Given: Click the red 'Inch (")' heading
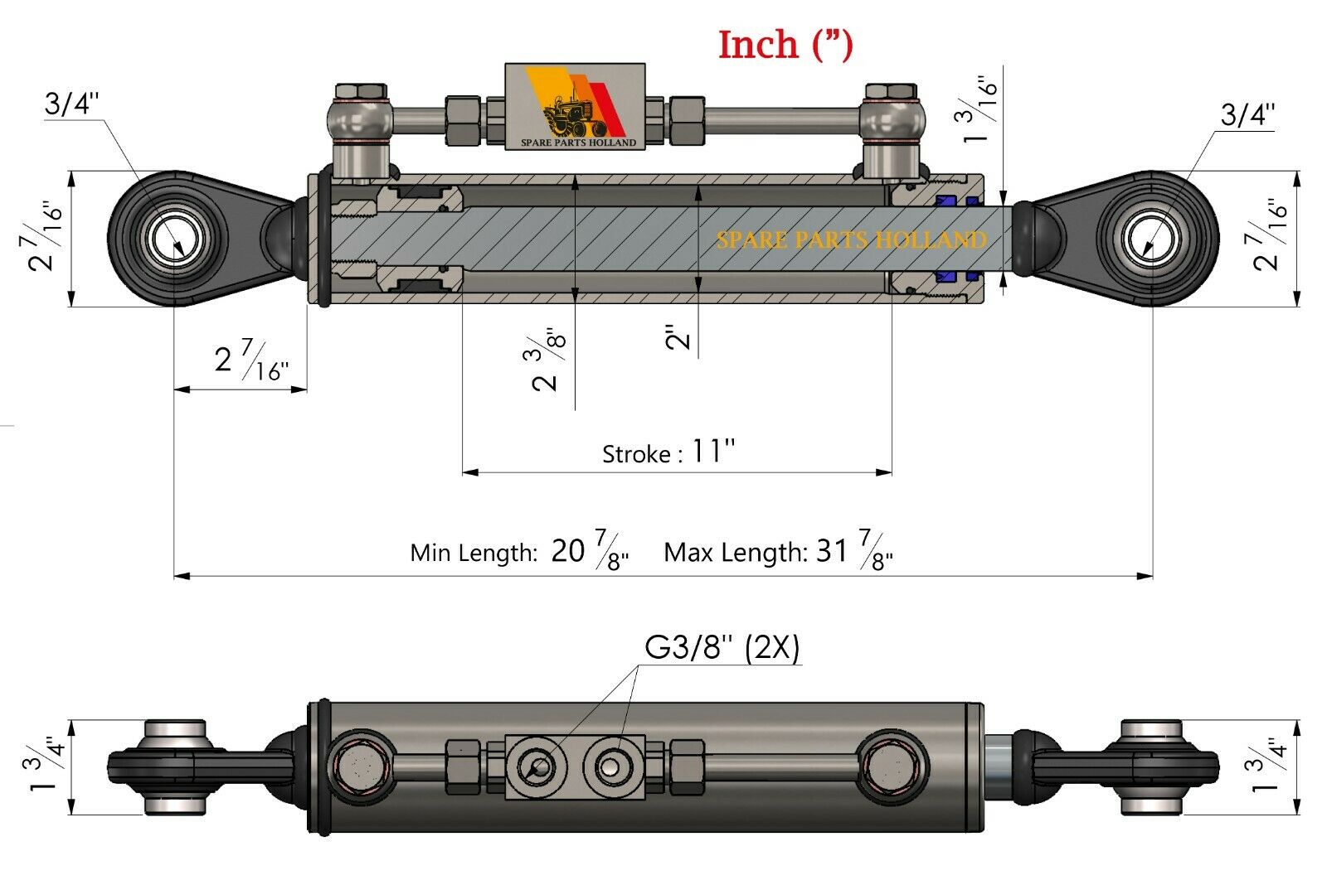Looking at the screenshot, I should (x=785, y=45).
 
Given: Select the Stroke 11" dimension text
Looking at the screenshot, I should (x=668, y=452).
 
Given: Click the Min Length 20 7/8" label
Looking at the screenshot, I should (x=519, y=552).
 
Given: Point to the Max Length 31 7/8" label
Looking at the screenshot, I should (x=778, y=552).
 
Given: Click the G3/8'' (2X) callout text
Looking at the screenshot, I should (x=722, y=647).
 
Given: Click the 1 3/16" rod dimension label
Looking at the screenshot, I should (x=979, y=113).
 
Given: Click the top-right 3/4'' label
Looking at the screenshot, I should (x=1247, y=114).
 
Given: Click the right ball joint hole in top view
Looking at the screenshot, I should (x=1151, y=239).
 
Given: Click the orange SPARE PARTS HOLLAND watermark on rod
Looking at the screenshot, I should (x=851, y=240).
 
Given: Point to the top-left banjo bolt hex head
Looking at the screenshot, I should (x=360, y=91).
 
